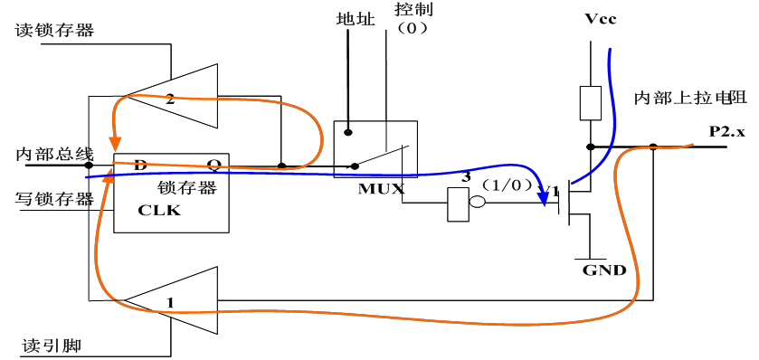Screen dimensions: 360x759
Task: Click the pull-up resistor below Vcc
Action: pyautogui.click(x=590, y=103)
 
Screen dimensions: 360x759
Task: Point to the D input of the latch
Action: pyautogui.click(x=140, y=165)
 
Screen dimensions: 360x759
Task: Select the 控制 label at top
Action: pyautogui.click(x=413, y=11)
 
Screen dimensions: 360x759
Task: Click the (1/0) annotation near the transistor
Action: pyautogui.click(x=502, y=184)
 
